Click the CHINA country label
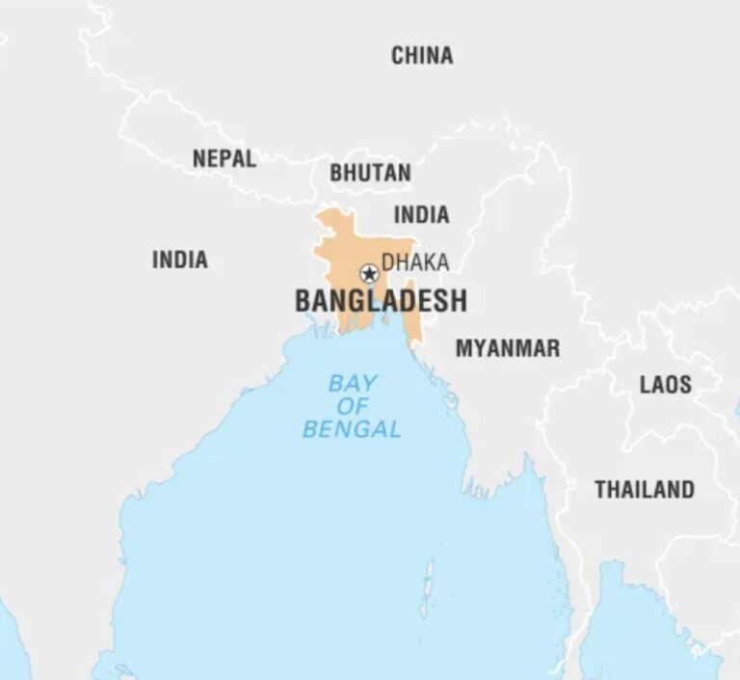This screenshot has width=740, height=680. [x=421, y=56]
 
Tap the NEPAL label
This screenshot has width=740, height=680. [x=224, y=159]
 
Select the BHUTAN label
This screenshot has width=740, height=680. [x=370, y=174]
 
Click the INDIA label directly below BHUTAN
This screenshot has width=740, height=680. [x=421, y=214]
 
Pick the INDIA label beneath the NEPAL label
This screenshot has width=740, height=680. [x=179, y=259]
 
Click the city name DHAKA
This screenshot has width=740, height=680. [x=415, y=262]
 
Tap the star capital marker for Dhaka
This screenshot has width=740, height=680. [x=368, y=273]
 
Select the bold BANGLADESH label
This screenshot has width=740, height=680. [x=381, y=301]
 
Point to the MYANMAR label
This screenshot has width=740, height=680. [x=507, y=348]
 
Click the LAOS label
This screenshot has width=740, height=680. [x=665, y=385]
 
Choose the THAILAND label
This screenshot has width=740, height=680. [x=644, y=489]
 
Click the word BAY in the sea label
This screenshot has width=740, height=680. [x=353, y=383]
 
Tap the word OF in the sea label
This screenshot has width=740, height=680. [x=353, y=406]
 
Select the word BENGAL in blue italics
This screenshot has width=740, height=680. [x=352, y=429]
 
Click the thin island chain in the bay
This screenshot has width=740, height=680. [x=426, y=588]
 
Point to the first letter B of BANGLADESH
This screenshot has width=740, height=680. [x=303, y=301]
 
